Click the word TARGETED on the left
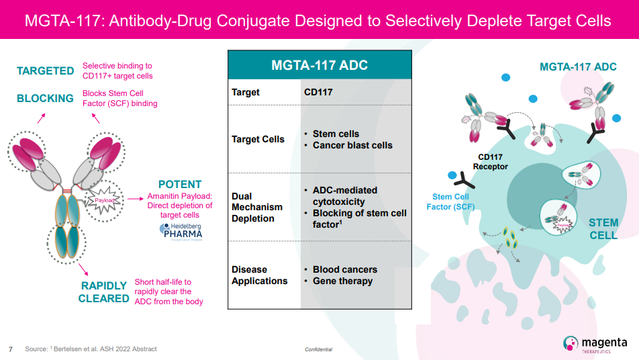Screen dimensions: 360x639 pyautogui.click(x=45, y=71)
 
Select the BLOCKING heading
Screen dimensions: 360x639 pyautogui.click(x=45, y=98)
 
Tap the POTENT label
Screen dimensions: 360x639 pyautogui.click(x=179, y=184)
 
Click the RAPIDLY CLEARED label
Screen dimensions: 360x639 pyautogui.click(x=103, y=291)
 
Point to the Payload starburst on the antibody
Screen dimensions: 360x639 pyautogui.click(x=104, y=200)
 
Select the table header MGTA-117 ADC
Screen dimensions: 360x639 pyautogui.click(x=319, y=66)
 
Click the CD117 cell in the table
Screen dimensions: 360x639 pyautogui.click(x=318, y=92)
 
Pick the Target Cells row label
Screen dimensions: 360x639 pyautogui.click(x=258, y=139)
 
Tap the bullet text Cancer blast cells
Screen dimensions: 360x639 pyautogui.click(x=352, y=145)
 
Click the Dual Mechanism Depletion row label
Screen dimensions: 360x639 pyautogui.click(x=257, y=207)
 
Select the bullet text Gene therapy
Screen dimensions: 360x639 pyautogui.click(x=342, y=281)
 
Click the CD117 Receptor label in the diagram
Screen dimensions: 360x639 pyautogui.click(x=491, y=162)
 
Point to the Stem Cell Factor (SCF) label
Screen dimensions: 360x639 pyautogui.click(x=450, y=201)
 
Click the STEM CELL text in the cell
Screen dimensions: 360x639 pyautogui.click(x=603, y=228)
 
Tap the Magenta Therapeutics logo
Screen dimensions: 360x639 pyautogui.click(x=595, y=343)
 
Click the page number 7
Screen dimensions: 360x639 pyautogui.click(x=10, y=349)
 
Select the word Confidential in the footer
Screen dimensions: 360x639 pyautogui.click(x=318, y=349)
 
